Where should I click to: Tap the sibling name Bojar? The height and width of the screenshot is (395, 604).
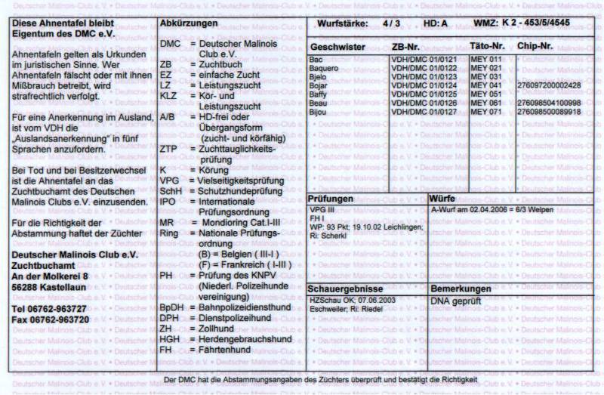319,85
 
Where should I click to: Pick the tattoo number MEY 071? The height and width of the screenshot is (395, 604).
485,112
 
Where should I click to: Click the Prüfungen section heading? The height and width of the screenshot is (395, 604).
332,198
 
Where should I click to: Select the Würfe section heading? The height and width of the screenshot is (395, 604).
444,198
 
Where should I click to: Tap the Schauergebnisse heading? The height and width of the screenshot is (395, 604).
346,289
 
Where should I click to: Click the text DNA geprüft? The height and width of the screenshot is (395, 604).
455,301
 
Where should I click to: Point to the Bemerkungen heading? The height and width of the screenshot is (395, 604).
461,289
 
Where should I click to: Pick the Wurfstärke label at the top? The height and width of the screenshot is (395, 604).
344,24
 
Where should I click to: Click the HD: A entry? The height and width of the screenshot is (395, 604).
436,24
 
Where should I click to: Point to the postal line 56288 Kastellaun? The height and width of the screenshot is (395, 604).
48,289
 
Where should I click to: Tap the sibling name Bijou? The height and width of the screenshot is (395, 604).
319,112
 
